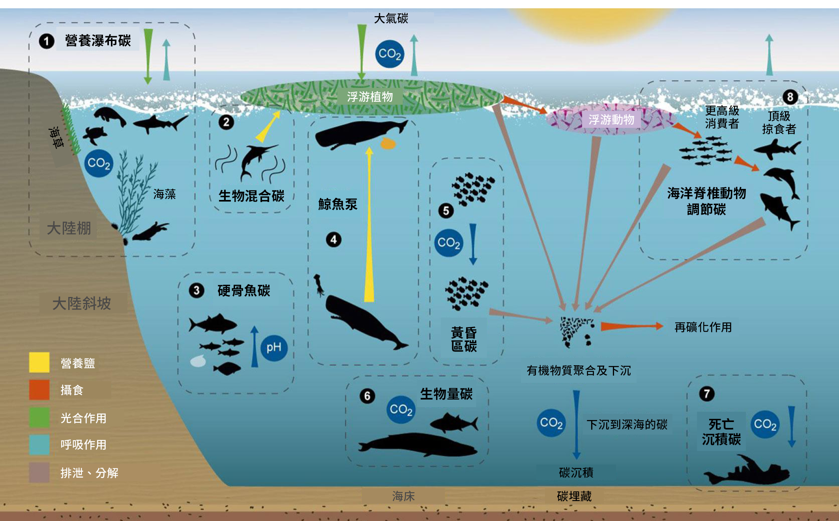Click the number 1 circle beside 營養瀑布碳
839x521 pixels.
(x=46, y=41)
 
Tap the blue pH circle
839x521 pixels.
(x=274, y=347)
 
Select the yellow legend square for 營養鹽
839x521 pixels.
(x=39, y=362)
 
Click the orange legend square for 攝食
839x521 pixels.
(x=39, y=390)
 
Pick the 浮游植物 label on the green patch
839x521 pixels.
(x=370, y=97)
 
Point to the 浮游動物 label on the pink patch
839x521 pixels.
(x=611, y=120)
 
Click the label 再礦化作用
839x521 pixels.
(x=703, y=327)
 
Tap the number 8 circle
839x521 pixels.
(x=790, y=97)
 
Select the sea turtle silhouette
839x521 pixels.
(x=95, y=135)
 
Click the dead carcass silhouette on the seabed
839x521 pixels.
(x=746, y=471)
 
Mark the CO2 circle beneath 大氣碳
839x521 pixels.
(x=390, y=54)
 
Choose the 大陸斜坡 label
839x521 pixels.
(x=82, y=303)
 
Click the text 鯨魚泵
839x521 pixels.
(x=338, y=204)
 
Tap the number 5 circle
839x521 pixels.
(x=446, y=211)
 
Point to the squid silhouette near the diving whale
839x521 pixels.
(x=319, y=285)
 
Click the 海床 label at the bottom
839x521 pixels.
(x=403, y=496)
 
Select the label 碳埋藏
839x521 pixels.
(x=574, y=496)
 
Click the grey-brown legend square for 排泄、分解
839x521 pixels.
(x=39, y=472)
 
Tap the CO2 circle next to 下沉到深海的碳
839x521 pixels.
(x=551, y=423)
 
